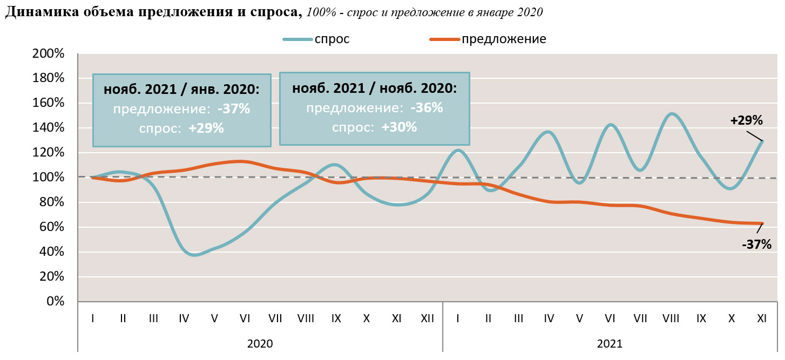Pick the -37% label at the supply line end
(756, 244)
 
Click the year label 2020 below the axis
(260, 343)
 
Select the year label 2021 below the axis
(610, 343)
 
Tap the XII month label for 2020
(427, 318)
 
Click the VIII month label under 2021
(671, 318)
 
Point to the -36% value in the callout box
(427, 108)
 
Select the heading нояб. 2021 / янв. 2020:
(181, 90)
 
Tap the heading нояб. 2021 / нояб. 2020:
(374, 89)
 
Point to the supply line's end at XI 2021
(762, 223)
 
